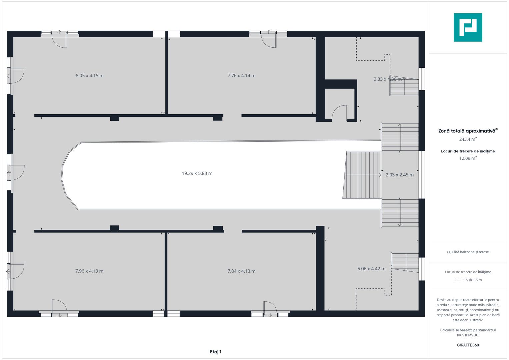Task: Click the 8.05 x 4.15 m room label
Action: click(90, 75)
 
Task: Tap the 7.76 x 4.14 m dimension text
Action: click(242, 75)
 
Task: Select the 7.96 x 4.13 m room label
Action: click(89, 271)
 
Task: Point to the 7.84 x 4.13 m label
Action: click(242, 271)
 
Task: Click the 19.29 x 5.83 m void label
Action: click(197, 173)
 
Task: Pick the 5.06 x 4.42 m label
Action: click(371, 269)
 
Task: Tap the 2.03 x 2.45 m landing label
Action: click(399, 175)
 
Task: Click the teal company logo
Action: click(468, 27)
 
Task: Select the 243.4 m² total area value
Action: click(468, 139)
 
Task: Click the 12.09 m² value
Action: click(468, 158)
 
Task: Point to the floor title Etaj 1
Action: click(216, 352)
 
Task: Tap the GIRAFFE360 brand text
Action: click(468, 345)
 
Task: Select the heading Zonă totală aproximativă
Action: click(467, 131)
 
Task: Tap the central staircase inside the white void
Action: click(362, 175)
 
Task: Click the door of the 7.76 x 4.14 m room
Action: click(269, 40)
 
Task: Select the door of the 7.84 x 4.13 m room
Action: click(270, 308)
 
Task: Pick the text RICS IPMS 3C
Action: click(468, 335)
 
